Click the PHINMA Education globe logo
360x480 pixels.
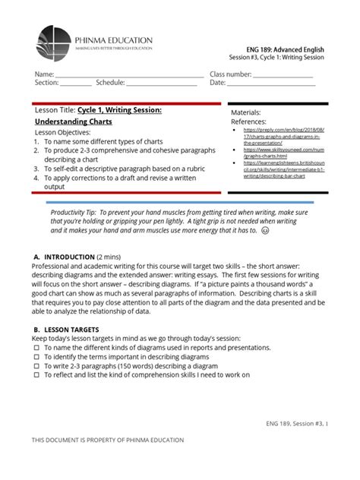click(x=52, y=45)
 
